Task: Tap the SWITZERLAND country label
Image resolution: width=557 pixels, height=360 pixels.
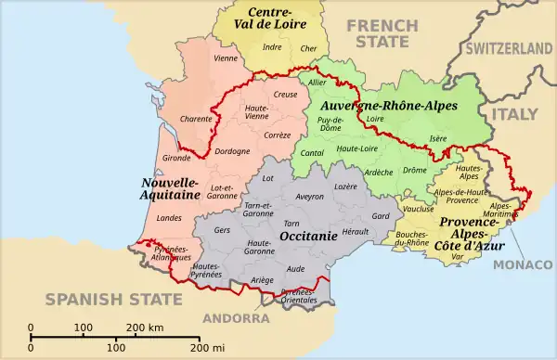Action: pyautogui.click(x=509, y=47)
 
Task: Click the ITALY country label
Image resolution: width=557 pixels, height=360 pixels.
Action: pyautogui.click(x=514, y=113)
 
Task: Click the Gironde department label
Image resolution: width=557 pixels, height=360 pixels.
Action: pyautogui.click(x=176, y=159)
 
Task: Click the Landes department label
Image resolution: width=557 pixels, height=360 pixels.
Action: pyautogui.click(x=170, y=219)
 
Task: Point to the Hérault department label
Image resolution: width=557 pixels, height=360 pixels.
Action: pyautogui.click(x=356, y=230)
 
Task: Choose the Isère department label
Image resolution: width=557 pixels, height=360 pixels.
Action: pyautogui.click(x=437, y=139)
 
